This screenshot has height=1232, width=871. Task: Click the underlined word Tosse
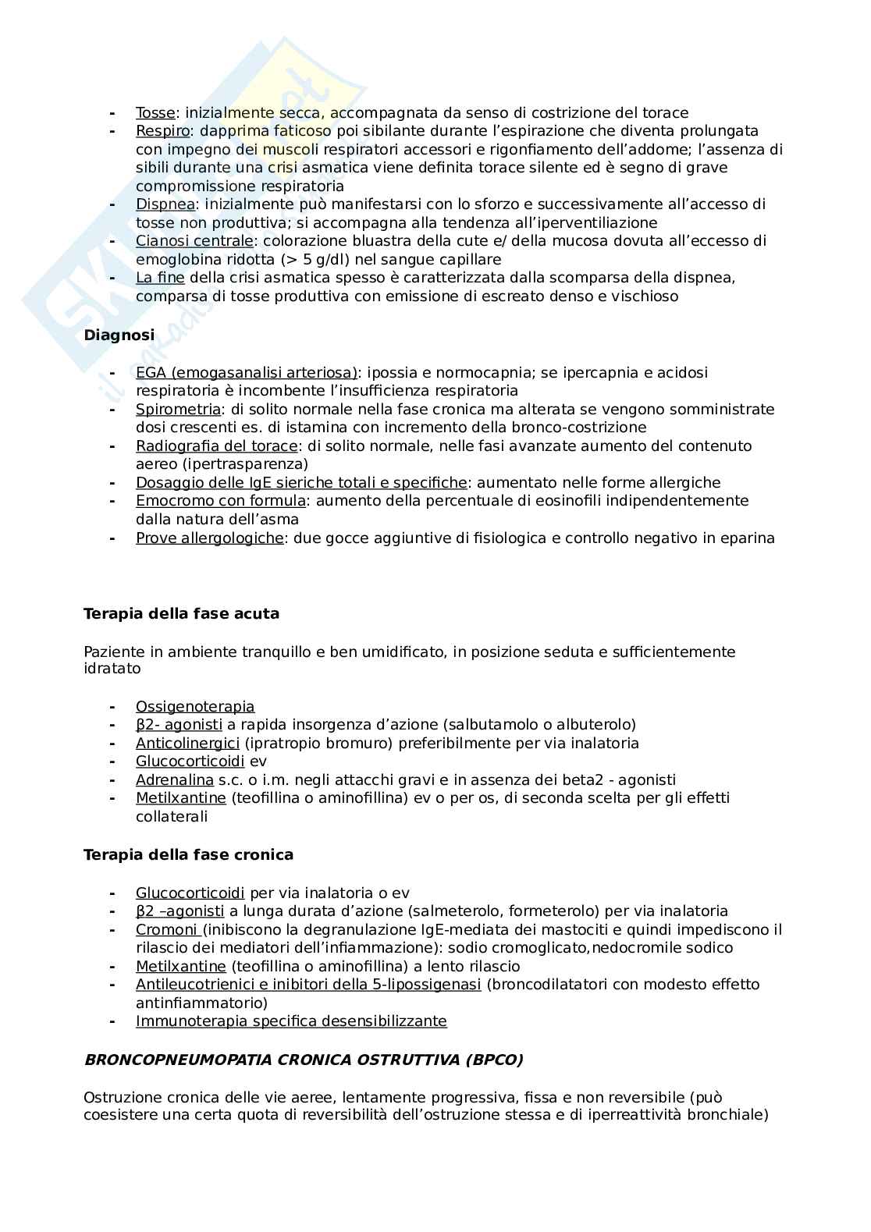click(155, 113)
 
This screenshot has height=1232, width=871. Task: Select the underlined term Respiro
click(162, 131)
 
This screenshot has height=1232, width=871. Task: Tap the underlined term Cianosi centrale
click(194, 241)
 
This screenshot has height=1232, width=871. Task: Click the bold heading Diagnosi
click(119, 336)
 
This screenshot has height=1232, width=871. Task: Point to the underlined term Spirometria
click(178, 410)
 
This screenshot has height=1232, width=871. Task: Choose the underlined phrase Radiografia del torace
click(216, 446)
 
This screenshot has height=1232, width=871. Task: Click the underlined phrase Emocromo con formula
click(221, 501)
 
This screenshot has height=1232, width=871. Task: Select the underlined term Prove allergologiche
click(209, 538)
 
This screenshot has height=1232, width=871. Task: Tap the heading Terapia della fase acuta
click(181, 614)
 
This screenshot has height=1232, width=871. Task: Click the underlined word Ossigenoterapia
click(195, 707)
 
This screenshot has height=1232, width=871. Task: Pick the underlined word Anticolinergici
click(187, 744)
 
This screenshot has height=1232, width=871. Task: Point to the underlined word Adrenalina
click(174, 780)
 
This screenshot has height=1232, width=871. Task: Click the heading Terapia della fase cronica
click(188, 855)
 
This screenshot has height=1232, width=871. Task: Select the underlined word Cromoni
click(166, 930)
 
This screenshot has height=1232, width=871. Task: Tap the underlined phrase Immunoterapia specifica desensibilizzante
click(291, 1021)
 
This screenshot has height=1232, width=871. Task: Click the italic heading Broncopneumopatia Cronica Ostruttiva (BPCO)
click(303, 1060)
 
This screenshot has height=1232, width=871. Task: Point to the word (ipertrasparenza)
click(222, 464)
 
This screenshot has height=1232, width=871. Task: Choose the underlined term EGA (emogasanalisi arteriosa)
click(247, 373)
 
